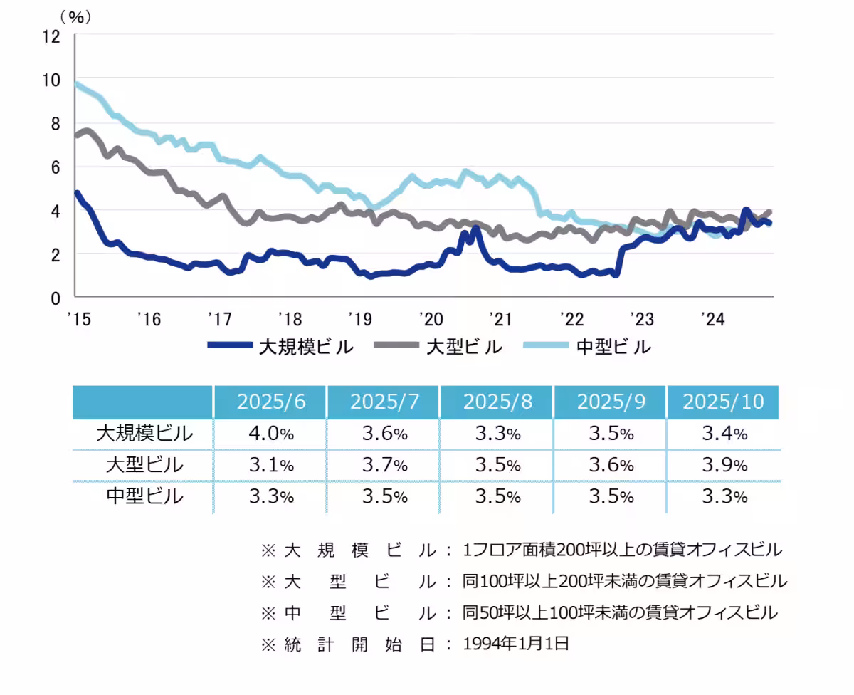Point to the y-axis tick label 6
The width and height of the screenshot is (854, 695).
coord(56,167)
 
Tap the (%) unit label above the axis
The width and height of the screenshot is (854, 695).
coord(75,17)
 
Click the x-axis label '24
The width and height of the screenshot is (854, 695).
coord(712,319)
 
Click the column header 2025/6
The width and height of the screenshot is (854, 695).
coord(270,402)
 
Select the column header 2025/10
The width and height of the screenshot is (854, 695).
coord(723,402)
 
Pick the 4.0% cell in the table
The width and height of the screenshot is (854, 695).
coord(270,433)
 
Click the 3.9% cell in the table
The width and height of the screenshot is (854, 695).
coord(724,465)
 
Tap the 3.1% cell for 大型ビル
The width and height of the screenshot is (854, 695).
coord(270,465)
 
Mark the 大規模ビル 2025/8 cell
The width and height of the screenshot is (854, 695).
coord(497,433)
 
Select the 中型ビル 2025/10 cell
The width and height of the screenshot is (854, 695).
coord(724,496)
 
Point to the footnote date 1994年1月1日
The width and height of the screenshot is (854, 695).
coord(516,644)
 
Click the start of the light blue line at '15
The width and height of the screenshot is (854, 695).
coord(78,84)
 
